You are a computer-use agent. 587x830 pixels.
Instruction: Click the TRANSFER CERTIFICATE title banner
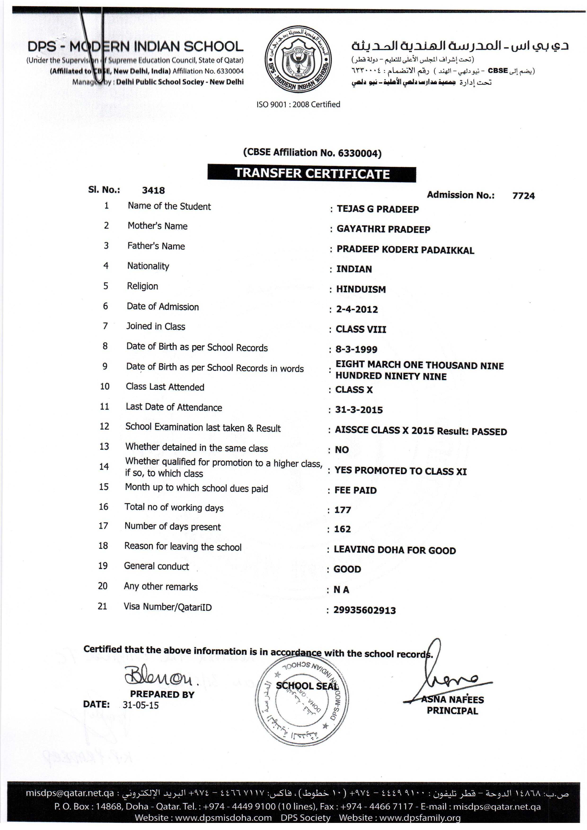pyautogui.click(x=312, y=174)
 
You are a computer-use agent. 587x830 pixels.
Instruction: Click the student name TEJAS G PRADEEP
pyautogui.click(x=378, y=209)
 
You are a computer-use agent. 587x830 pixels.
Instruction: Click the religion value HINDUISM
pyautogui.click(x=361, y=289)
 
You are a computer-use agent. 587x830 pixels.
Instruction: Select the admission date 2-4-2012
pyautogui.click(x=357, y=309)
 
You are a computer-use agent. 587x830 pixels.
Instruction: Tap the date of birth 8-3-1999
pyautogui.click(x=356, y=349)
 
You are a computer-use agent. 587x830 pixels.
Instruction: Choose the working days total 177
pyautogui.click(x=343, y=510)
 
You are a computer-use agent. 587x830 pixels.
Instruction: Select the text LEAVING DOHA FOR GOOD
pyautogui.click(x=395, y=550)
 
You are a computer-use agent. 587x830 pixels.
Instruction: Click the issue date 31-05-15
pyautogui.click(x=141, y=705)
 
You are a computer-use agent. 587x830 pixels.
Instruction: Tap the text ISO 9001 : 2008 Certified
pyautogui.click(x=298, y=104)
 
